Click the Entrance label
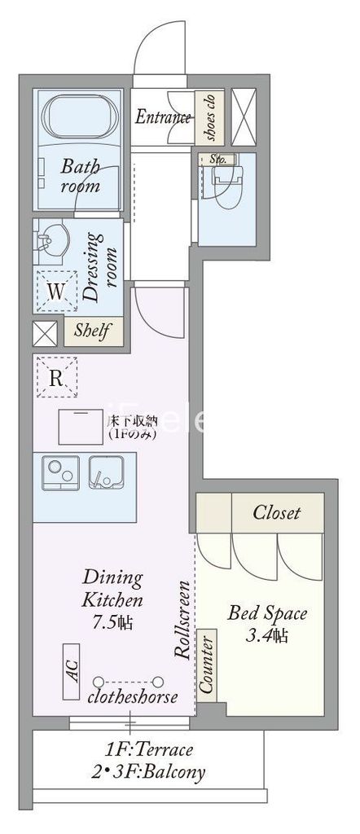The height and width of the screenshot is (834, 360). tap(162, 117)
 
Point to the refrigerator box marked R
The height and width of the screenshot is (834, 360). tap(56, 377)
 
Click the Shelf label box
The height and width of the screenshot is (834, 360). tap(94, 331)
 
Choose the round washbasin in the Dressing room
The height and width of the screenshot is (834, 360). tap(50, 240)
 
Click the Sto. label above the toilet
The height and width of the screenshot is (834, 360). tap(217, 159)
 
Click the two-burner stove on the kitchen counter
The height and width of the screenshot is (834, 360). tap(58, 473)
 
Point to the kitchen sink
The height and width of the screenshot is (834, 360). tap(107, 473)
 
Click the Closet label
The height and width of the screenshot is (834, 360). tap(276, 512)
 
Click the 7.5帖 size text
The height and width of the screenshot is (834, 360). tap(112, 624)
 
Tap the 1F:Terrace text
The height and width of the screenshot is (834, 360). tap(148, 750)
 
